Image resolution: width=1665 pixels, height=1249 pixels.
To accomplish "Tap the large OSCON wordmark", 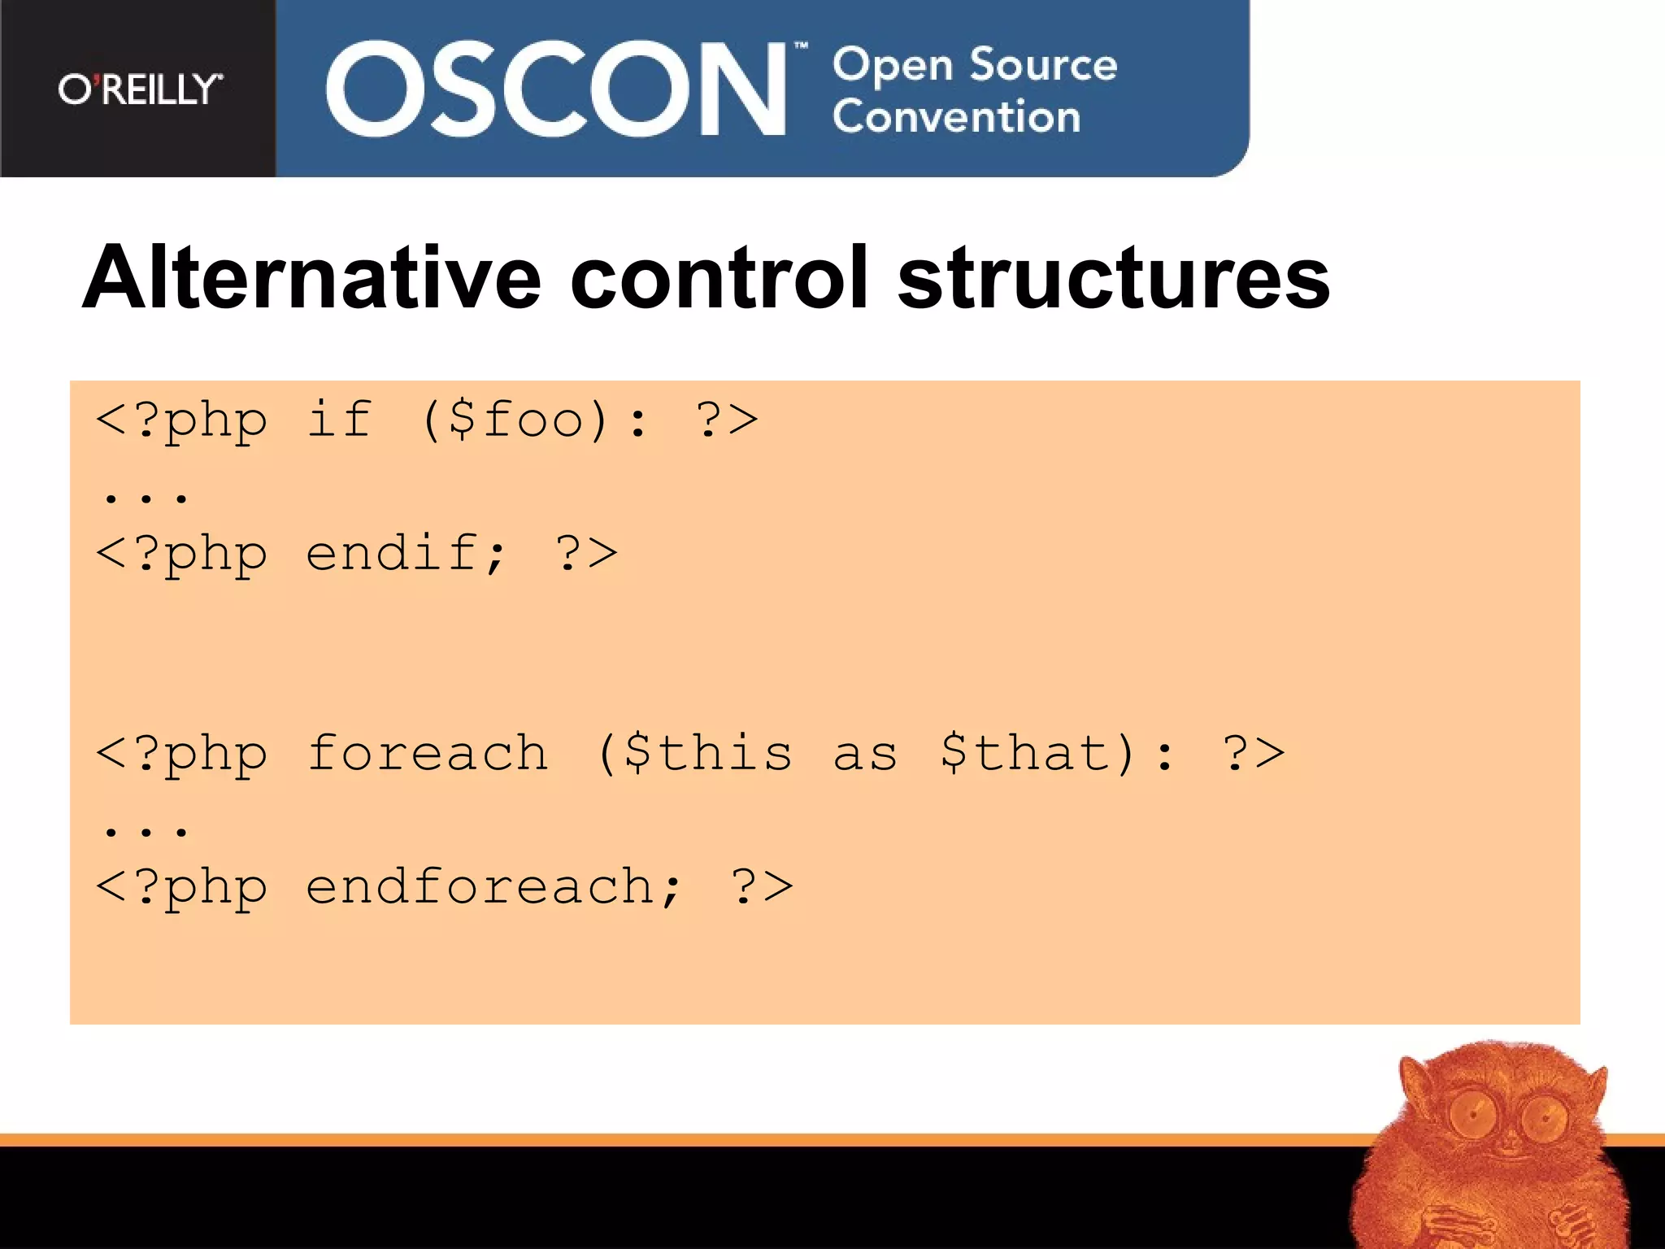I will (555, 89).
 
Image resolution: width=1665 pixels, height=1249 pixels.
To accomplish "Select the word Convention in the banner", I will (956, 116).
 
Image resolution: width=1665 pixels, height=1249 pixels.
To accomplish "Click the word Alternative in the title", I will (311, 278).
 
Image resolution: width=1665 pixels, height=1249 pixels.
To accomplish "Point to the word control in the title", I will (719, 278).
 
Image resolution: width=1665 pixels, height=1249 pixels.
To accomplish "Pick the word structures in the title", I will (1113, 278).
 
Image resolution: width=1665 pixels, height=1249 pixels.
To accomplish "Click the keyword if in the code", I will (339, 420).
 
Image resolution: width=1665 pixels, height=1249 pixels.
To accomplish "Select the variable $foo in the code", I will (515, 420).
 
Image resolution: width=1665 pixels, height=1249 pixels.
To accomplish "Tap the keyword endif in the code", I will (392, 554).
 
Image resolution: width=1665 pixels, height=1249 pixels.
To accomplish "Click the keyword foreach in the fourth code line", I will (428, 753).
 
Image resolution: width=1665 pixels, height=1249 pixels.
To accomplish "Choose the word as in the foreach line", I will (865, 755).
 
